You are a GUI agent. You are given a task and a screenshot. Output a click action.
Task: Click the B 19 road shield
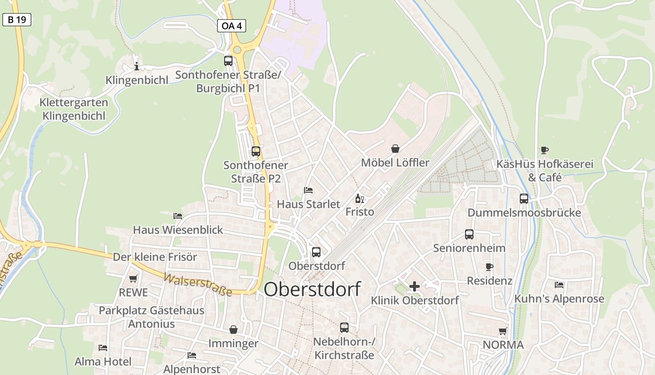point(16,20)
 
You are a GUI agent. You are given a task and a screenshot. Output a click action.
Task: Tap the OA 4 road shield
point(231,26)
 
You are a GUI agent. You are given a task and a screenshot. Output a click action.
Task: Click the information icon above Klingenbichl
point(137,66)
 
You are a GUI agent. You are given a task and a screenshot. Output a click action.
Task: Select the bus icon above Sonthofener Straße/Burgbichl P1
point(228,60)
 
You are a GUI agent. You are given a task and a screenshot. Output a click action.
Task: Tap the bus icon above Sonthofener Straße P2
point(255,151)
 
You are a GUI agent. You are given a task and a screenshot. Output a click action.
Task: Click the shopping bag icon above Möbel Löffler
point(395,149)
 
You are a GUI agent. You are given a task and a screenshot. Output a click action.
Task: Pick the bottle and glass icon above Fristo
point(360,198)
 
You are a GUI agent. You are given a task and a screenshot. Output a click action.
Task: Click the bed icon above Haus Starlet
point(308,190)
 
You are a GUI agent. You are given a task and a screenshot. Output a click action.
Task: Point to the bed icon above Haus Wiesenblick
point(178,216)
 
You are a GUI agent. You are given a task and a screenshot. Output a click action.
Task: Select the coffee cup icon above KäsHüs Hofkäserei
point(545,150)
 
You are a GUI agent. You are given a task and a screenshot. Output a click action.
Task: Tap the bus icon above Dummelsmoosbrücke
point(524,199)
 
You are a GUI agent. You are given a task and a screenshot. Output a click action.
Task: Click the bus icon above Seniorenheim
point(469,234)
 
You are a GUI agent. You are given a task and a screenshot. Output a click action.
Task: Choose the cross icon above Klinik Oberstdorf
point(415,286)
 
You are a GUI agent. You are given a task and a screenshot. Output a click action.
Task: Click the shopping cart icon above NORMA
point(503,331)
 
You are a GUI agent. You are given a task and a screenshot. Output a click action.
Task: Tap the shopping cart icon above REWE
point(133,278)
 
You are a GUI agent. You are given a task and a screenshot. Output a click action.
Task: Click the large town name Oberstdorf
point(312,289)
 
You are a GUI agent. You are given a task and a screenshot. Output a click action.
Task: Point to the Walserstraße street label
point(197,284)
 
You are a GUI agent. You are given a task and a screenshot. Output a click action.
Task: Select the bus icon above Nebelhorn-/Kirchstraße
point(344,328)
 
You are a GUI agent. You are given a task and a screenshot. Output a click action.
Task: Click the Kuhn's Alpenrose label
point(559,299)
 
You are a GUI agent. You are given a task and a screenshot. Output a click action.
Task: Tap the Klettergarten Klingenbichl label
point(74,109)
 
